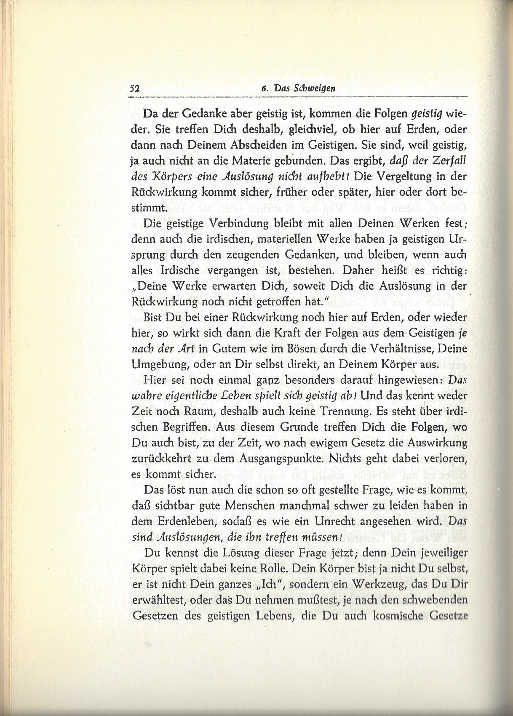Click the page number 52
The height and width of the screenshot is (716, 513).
click(135, 89)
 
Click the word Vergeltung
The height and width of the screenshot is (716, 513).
click(393, 176)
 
